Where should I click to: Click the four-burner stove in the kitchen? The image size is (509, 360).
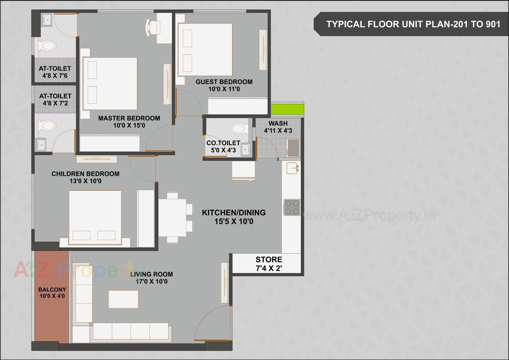pyautogui.click(x=292, y=207)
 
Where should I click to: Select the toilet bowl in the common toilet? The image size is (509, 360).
pyautogui.click(x=238, y=129)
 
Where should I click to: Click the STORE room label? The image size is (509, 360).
pyautogui.click(x=269, y=259)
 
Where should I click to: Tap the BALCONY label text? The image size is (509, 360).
pyautogui.click(x=52, y=289)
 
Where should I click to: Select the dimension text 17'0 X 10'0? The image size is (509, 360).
pyautogui.click(x=152, y=281)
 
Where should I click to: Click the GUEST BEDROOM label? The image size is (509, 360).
pyautogui.click(x=224, y=82)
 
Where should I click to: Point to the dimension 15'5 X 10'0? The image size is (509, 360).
pyautogui.click(x=234, y=221)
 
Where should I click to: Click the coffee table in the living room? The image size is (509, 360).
pyautogui.click(x=123, y=299)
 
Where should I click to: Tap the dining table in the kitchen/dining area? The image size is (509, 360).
pyautogui.click(x=172, y=218)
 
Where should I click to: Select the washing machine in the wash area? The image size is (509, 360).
pyautogui.click(x=293, y=148)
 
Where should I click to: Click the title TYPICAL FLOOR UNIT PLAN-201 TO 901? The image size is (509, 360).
pyautogui.click(x=413, y=24)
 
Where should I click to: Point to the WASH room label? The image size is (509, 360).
pyautogui.click(x=278, y=123)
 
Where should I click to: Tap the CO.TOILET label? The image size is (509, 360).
pyautogui.click(x=223, y=143)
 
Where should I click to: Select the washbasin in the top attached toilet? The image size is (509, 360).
pyautogui.click(x=47, y=19)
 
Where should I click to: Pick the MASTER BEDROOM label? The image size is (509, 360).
pyautogui.click(x=129, y=118)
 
